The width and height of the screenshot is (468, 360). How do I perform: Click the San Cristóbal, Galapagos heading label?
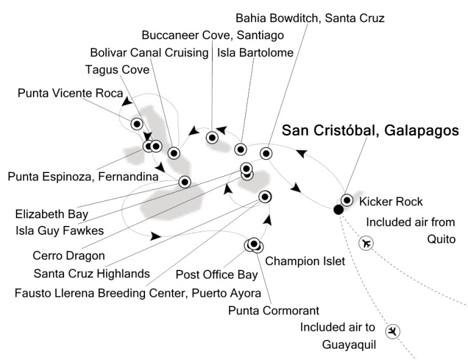pos(370,130)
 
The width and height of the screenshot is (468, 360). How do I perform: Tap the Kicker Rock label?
pos(391,202)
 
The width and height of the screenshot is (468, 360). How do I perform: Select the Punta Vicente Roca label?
pos(71,93)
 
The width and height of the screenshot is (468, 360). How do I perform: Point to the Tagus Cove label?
pos(117,70)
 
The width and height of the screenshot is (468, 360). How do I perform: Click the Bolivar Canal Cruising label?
pos(149,53)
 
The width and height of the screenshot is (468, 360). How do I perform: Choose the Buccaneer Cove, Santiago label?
pos(213,35)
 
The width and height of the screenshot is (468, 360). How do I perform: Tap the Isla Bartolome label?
pos(255,53)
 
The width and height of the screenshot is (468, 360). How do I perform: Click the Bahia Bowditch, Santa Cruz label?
pos(310,18)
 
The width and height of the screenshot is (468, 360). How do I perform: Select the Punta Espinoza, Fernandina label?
pos(83,176)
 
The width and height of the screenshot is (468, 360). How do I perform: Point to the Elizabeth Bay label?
pos(52,214)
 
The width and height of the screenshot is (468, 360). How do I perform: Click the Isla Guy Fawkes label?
pos(60,230)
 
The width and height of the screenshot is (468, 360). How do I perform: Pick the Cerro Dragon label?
pos(69,256)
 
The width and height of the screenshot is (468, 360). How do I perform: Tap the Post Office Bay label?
pos(217,275)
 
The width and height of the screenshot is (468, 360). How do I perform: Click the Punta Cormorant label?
pos(274,311)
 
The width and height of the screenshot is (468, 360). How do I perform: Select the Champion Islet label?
pos(305,261)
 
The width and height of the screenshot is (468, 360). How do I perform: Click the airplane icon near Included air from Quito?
pos(366,243)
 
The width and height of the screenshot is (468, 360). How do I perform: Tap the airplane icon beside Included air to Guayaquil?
pos(392,331)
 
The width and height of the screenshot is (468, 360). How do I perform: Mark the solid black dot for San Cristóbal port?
pos(338,210)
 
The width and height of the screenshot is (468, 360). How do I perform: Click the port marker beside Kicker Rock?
pos(347,200)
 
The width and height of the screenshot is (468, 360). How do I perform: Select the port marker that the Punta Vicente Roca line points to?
pos(137,124)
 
